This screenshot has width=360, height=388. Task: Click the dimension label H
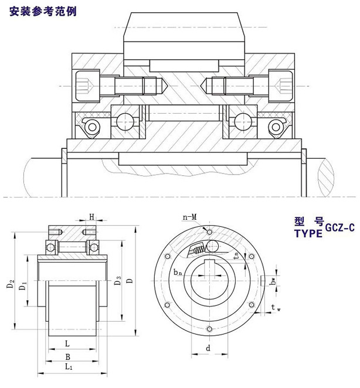(x=92, y=217)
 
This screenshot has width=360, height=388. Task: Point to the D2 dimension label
(x=10, y=285)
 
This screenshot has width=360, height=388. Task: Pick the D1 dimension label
(x=23, y=286)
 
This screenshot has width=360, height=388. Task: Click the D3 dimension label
(x=117, y=280)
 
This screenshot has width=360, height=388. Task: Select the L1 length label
(x=68, y=367)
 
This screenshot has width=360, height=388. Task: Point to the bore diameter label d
(x=209, y=348)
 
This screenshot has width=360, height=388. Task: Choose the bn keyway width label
(x=178, y=271)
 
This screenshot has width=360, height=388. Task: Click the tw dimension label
(x=274, y=307)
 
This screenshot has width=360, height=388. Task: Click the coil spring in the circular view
(x=198, y=250)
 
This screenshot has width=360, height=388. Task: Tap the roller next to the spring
(x=212, y=246)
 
